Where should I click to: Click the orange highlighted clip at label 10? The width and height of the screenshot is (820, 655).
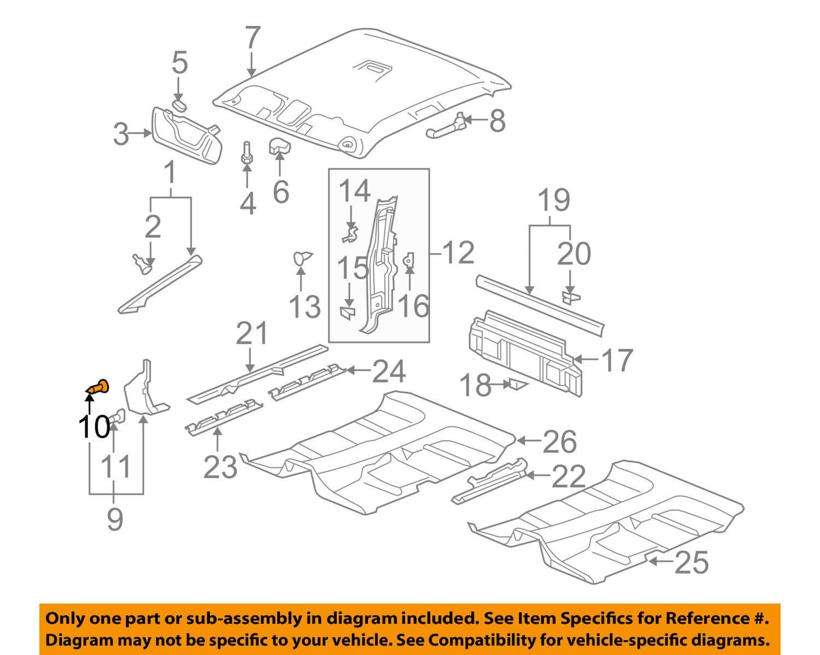[98, 387]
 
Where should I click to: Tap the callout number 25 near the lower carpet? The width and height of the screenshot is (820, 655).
[691, 562]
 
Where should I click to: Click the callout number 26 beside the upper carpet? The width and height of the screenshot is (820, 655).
[559, 441]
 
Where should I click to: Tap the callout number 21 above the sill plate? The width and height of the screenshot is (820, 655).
[252, 334]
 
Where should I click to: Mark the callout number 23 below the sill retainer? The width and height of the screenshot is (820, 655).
[220, 467]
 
